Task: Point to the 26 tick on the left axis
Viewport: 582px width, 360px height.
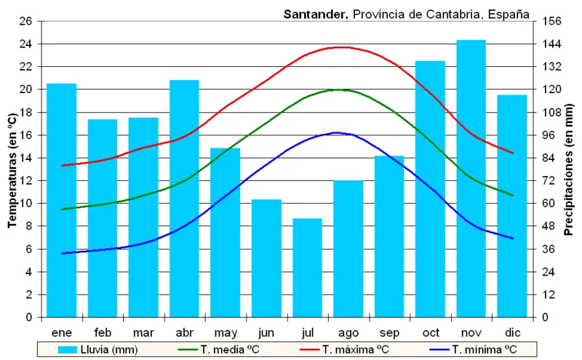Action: [26, 21]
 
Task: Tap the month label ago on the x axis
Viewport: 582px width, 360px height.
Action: [348, 332]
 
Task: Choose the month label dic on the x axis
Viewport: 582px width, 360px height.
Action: [512, 332]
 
